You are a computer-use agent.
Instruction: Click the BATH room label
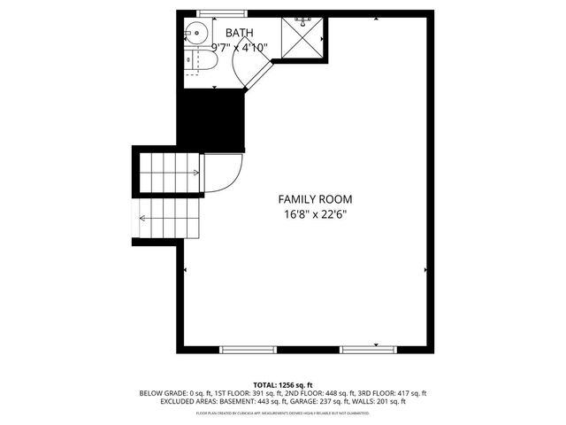click(239, 33)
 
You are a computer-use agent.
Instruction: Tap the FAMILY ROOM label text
click(308, 199)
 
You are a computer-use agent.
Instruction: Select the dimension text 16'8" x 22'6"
click(308, 214)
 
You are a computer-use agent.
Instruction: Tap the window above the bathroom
click(220, 12)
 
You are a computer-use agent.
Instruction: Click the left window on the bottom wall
click(248, 349)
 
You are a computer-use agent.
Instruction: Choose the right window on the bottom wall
click(368, 349)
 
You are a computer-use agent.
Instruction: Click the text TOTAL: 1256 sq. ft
click(282, 384)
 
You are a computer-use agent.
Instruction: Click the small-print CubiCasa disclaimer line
click(282, 412)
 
